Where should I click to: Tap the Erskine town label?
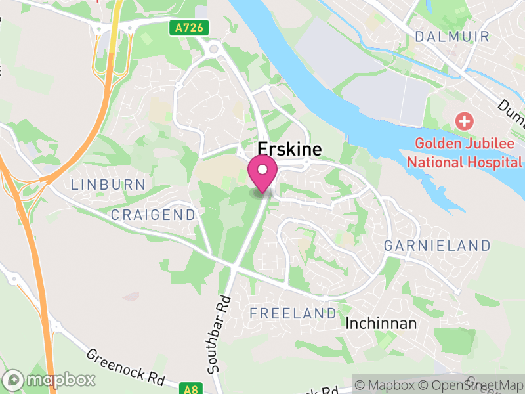coord(290,150)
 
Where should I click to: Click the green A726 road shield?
coord(191,28)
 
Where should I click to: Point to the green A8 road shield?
coord(191,389)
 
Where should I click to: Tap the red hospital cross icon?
coord(465,121)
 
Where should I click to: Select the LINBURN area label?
coord(108,185)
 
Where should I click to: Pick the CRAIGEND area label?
coord(153,215)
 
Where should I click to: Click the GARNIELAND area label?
coord(437,246)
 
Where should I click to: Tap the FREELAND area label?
coord(293,313)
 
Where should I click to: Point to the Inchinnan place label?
coord(381,324)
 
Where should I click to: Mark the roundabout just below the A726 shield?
coord(214,49)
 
